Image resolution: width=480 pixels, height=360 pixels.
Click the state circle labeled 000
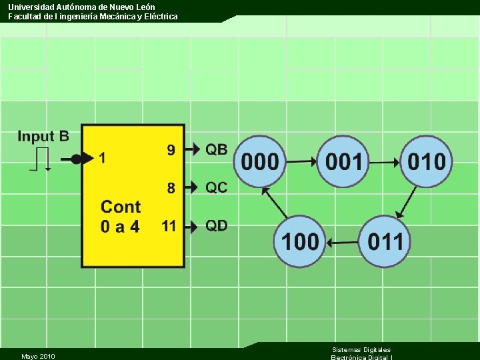tap(260, 161)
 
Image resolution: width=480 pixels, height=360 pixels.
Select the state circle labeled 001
tap(343, 161)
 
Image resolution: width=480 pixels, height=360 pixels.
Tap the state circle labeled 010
tap(427, 161)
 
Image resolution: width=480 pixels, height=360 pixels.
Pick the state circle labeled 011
tap(385, 241)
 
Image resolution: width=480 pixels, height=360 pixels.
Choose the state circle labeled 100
tap(299, 241)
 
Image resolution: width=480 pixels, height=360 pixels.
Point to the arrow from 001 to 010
tap(385, 161)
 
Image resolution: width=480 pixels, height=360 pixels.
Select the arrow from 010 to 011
tap(406, 201)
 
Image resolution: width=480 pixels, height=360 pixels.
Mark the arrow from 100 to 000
tap(275, 201)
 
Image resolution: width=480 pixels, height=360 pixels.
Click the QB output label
tap(216, 149)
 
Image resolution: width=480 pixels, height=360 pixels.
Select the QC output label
tap(216, 188)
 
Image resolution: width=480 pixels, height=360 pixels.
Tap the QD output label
tap(216, 226)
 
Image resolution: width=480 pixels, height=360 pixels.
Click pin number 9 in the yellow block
tap(171, 150)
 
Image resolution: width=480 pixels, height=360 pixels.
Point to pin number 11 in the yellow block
tap(169, 226)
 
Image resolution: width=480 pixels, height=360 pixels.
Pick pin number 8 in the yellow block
tap(171, 189)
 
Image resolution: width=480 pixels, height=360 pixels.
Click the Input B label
tap(43, 137)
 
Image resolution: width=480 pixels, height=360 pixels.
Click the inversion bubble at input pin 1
tap(76, 159)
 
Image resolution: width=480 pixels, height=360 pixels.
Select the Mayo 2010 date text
tap(38, 356)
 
